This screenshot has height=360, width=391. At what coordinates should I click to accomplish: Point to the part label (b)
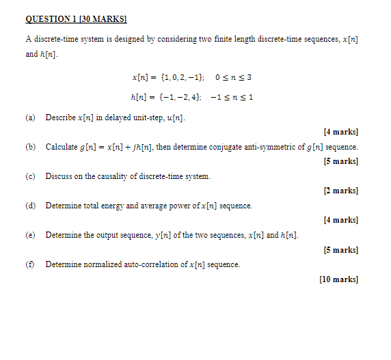30,147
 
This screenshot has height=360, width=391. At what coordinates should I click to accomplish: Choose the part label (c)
30,176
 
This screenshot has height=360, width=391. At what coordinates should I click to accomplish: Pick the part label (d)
30,206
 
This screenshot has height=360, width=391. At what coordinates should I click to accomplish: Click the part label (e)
30,235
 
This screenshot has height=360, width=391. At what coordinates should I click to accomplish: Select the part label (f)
30,264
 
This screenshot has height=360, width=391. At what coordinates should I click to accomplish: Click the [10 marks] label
338,279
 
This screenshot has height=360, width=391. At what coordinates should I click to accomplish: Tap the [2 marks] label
341,191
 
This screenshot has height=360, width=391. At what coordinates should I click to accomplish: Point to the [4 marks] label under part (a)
341,132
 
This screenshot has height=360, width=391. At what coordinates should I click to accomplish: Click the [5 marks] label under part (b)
341,161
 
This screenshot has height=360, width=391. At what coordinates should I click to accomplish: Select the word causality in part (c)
113,176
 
